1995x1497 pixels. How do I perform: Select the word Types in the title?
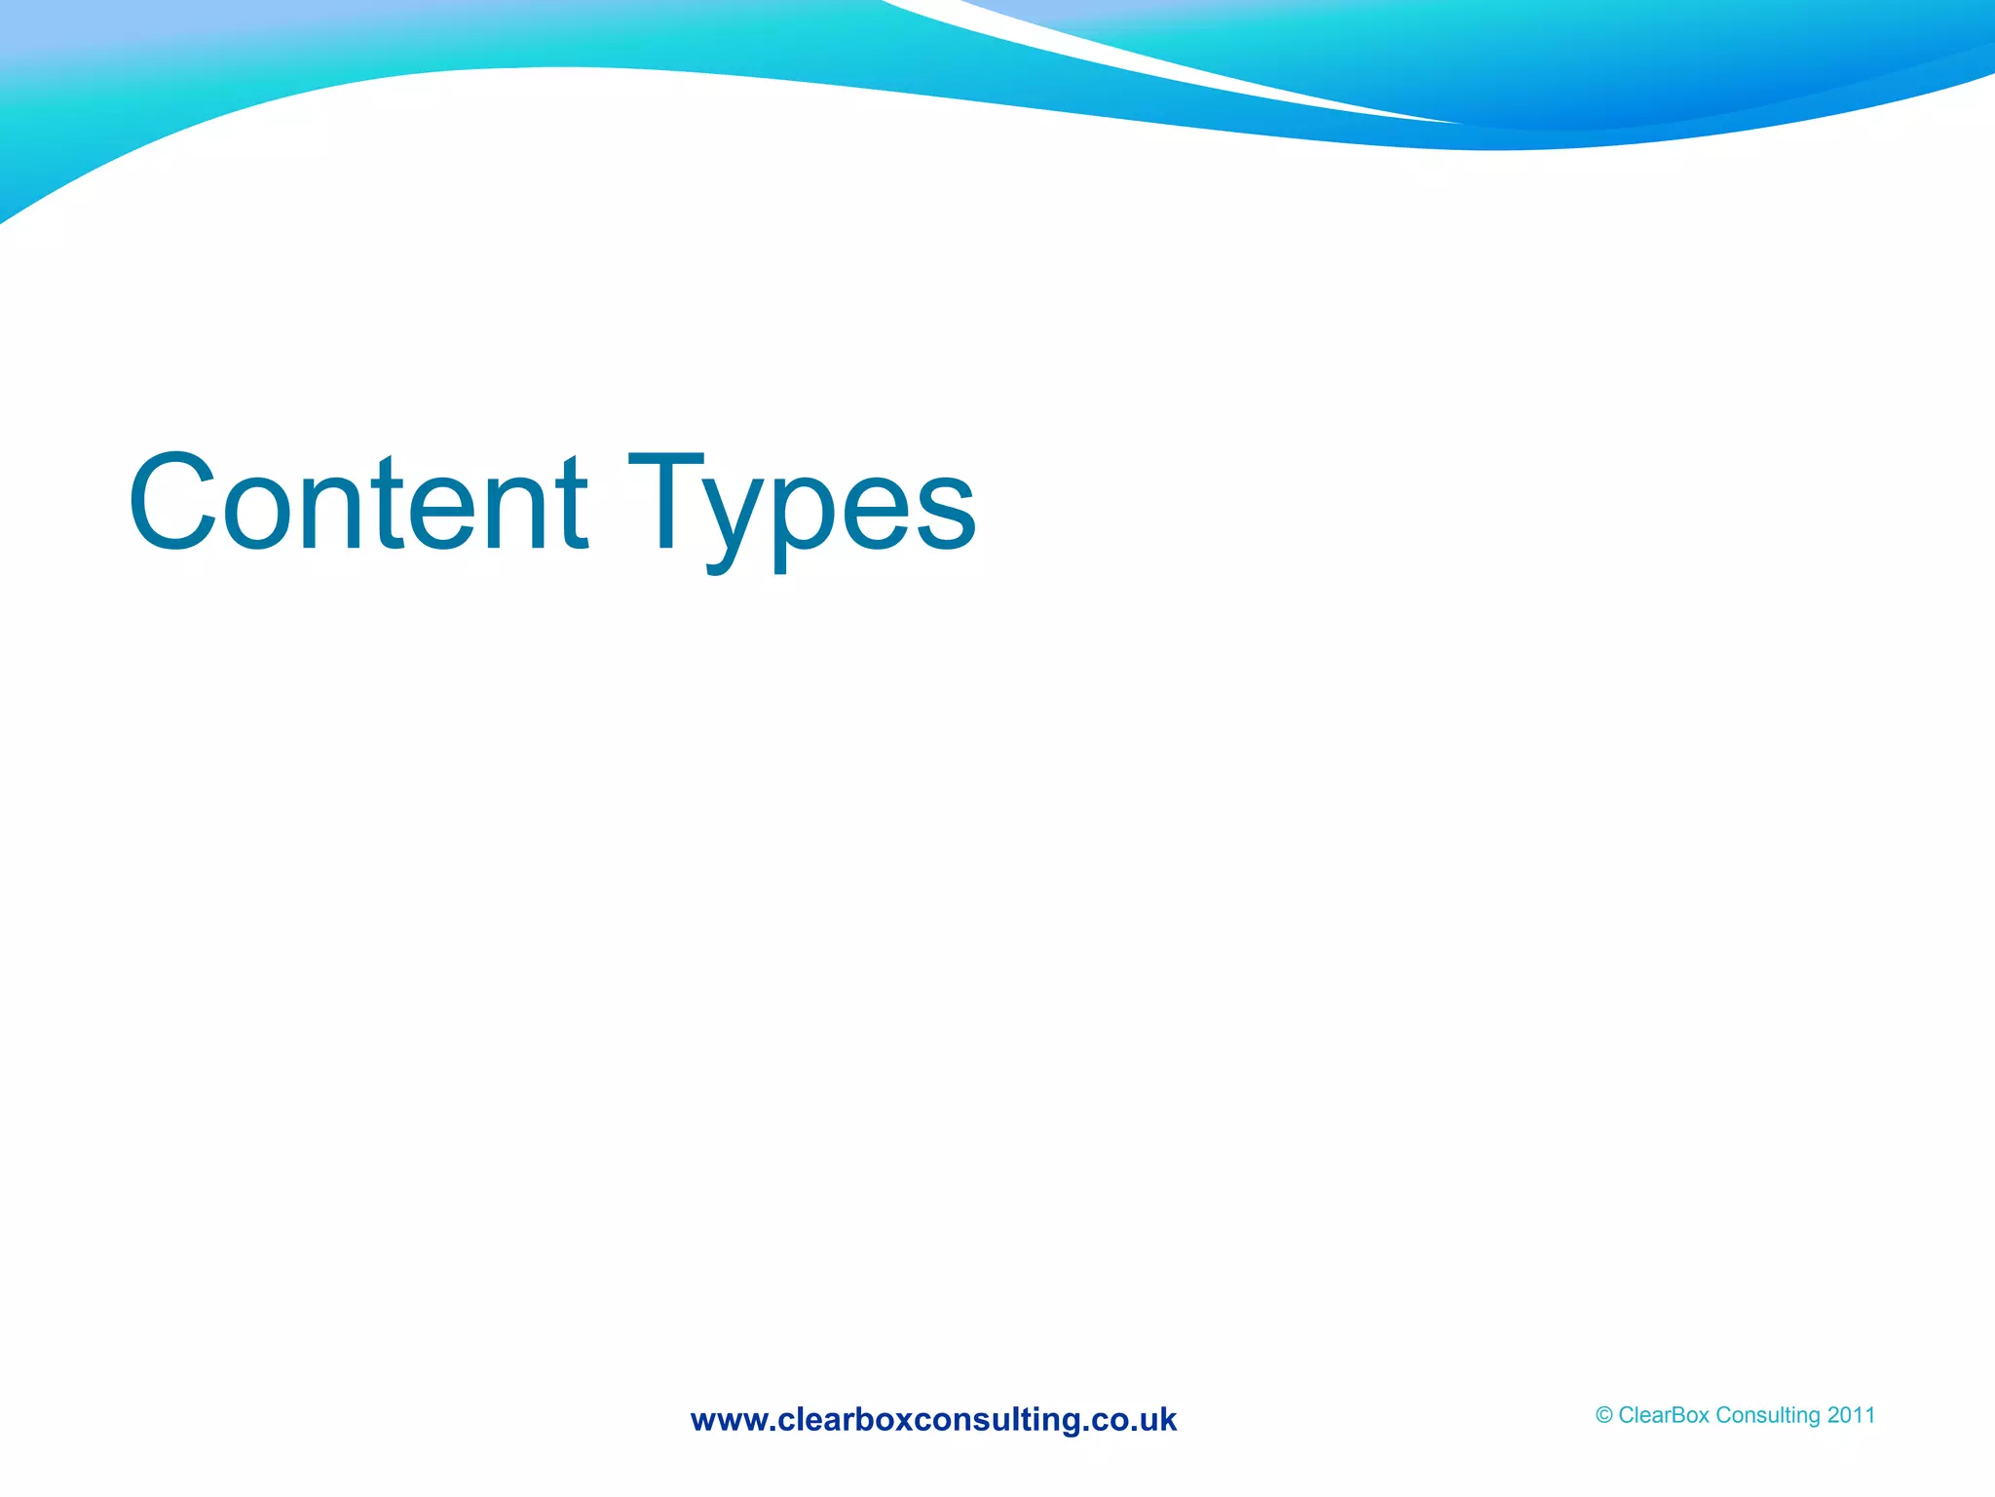(801, 505)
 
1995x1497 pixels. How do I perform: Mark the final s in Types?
(945, 508)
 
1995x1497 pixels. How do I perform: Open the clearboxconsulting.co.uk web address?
(933, 1419)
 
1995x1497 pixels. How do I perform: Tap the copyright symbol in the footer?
(1603, 1415)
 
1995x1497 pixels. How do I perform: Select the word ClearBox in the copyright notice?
(1663, 1415)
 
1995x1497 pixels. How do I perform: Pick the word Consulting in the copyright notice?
(1767, 1415)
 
